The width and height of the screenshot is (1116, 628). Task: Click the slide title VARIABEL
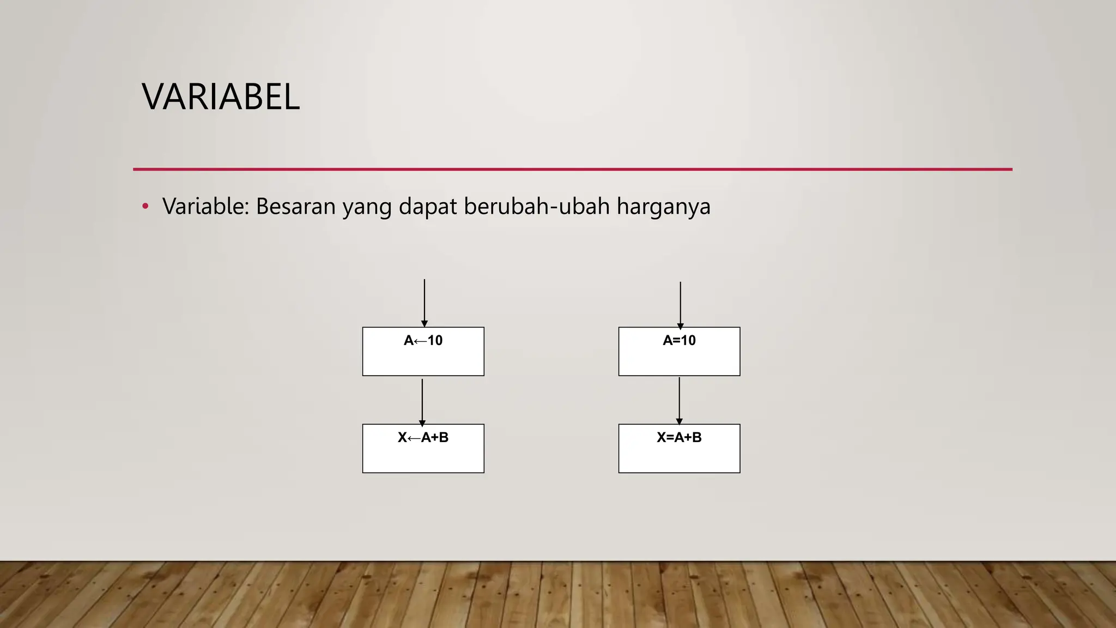[x=221, y=97]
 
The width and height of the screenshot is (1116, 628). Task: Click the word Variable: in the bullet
[x=205, y=207]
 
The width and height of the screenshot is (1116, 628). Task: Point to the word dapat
[x=428, y=207]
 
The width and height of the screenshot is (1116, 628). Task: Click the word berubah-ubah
[x=537, y=207]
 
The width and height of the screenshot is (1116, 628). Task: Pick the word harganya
[x=663, y=208]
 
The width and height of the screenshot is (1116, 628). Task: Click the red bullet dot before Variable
[x=145, y=207]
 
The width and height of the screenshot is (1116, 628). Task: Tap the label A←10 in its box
[x=423, y=341]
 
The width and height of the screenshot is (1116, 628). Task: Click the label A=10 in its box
[x=679, y=341]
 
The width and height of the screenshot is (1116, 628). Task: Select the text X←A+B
[x=423, y=438]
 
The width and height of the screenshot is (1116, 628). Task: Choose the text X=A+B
[x=679, y=438]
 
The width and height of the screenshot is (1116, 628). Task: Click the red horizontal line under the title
[x=572, y=170]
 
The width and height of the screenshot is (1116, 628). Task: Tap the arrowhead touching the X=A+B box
[x=679, y=421]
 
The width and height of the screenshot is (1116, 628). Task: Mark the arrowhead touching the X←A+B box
[x=422, y=423]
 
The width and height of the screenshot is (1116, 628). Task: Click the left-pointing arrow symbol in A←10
[x=420, y=341]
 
